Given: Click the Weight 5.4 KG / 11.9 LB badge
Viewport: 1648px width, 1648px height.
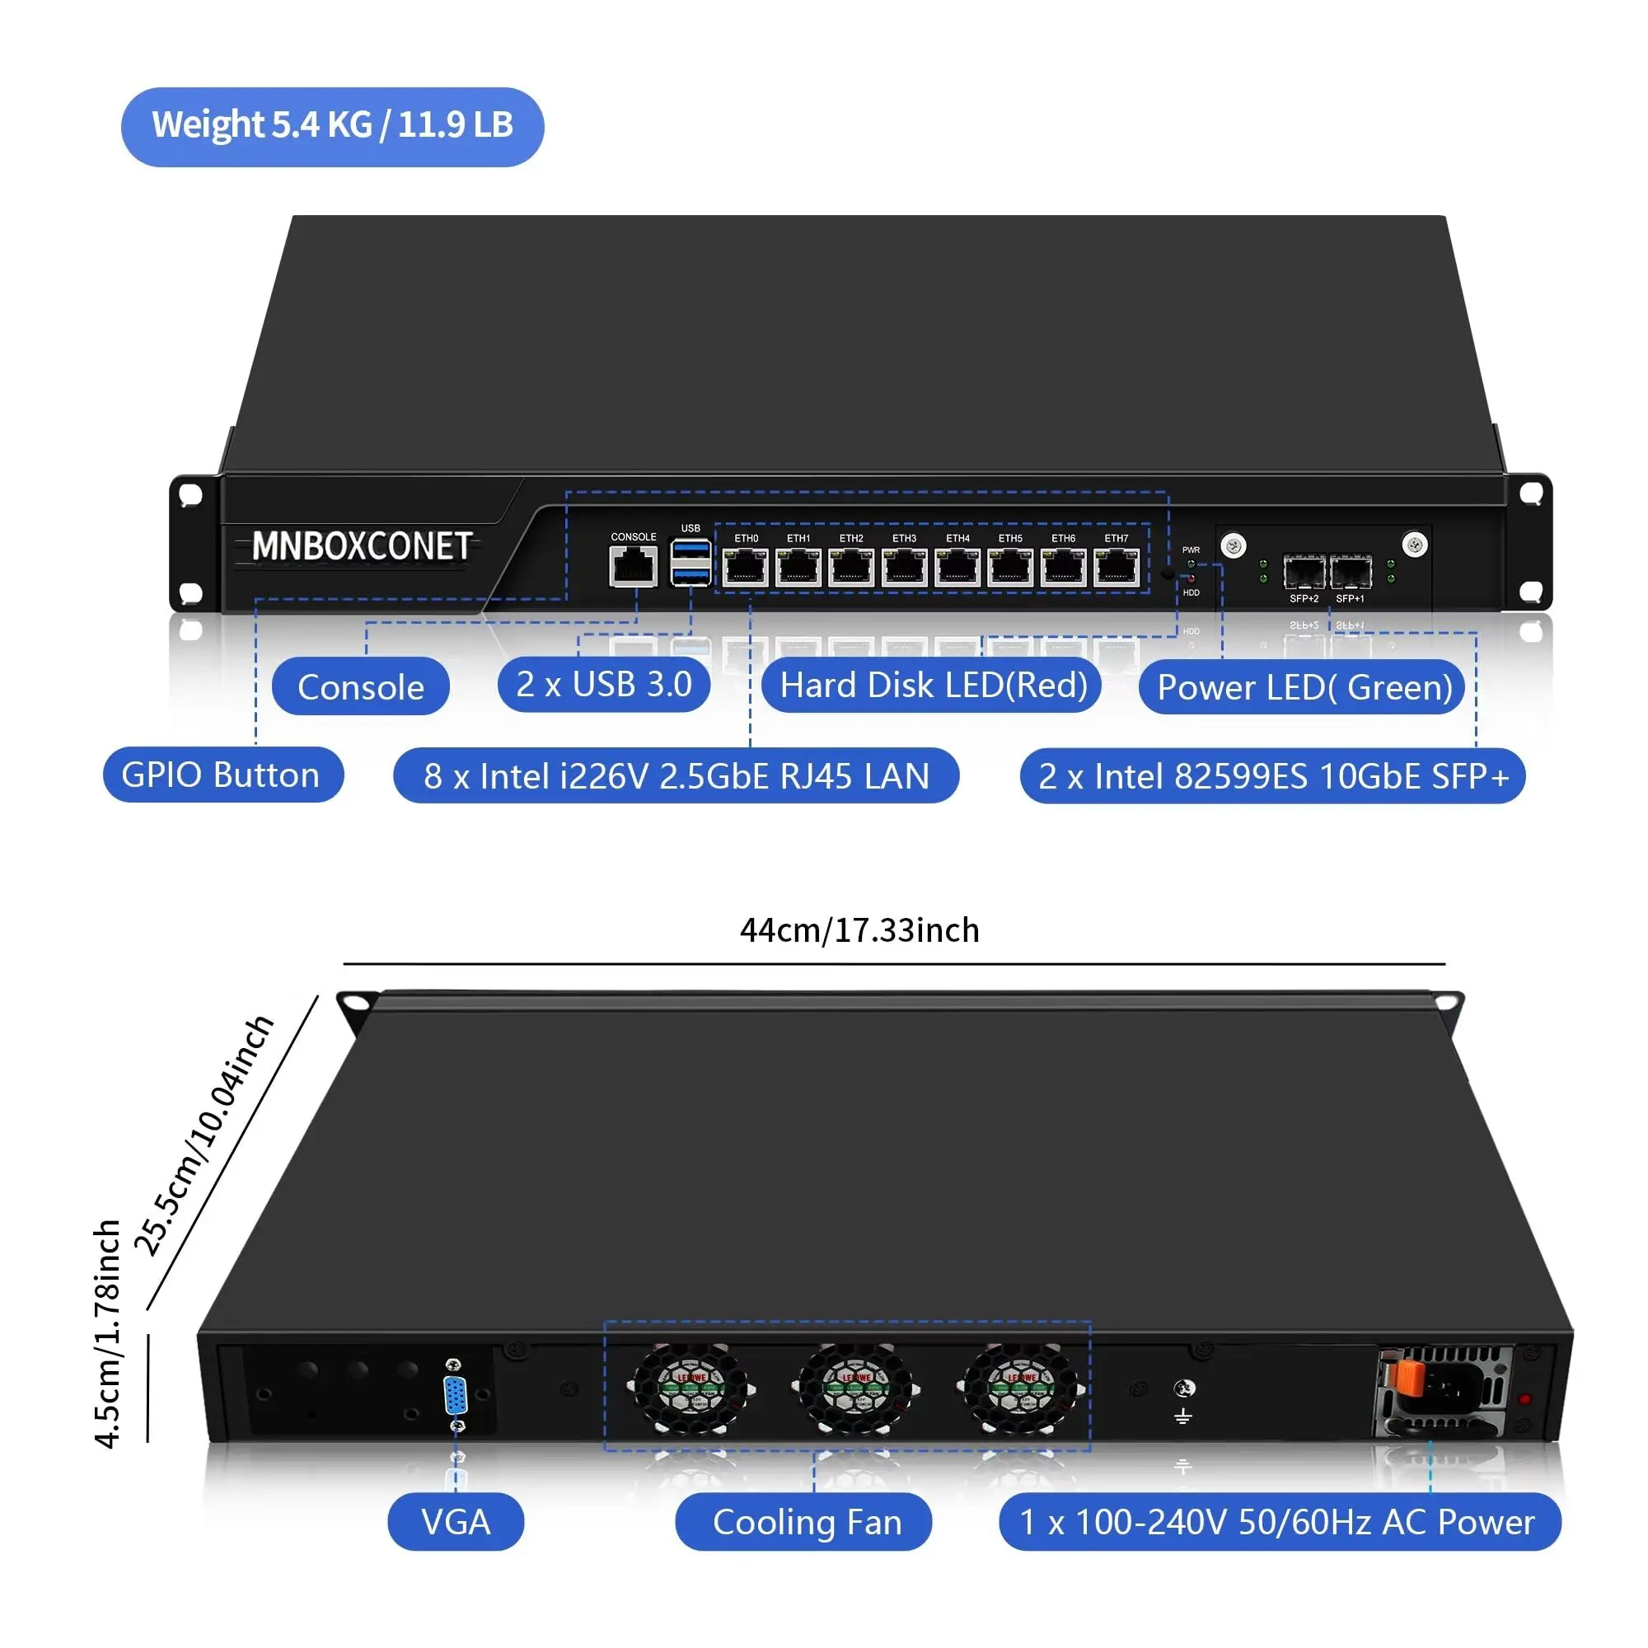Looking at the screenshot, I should pyautogui.click(x=332, y=126).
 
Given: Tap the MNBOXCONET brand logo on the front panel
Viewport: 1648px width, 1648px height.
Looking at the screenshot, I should pyautogui.click(x=362, y=546).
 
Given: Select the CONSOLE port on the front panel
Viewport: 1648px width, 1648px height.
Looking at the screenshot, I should pyautogui.click(x=633, y=565).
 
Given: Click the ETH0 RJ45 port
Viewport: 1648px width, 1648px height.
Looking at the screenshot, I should pyautogui.click(x=745, y=567).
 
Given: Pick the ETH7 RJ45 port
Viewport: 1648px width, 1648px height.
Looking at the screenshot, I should pyautogui.click(x=1117, y=567).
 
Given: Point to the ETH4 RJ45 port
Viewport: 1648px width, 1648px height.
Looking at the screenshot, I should pyautogui.click(x=957, y=567).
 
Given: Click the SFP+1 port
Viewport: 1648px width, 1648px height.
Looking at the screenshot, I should pyautogui.click(x=1351, y=573).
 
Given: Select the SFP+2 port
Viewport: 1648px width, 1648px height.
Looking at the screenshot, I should pyautogui.click(x=1304, y=573).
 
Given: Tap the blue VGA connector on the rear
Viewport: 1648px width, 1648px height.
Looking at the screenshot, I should pyautogui.click(x=456, y=1397).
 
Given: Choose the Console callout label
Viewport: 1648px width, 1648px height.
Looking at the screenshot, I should pyautogui.click(x=360, y=686).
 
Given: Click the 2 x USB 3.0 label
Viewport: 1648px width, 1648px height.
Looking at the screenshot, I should pyautogui.click(x=604, y=684).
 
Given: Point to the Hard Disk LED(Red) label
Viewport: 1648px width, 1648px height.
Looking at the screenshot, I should pyautogui.click(x=931, y=685).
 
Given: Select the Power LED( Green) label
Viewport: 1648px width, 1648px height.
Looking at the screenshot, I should pyautogui.click(x=1303, y=686).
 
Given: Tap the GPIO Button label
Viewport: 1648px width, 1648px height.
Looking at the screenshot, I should pyautogui.click(x=222, y=775).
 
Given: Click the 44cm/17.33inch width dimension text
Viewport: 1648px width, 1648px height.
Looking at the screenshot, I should pyautogui.click(x=859, y=929).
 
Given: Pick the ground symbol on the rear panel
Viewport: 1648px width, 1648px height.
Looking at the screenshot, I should pyautogui.click(x=1182, y=1416).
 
